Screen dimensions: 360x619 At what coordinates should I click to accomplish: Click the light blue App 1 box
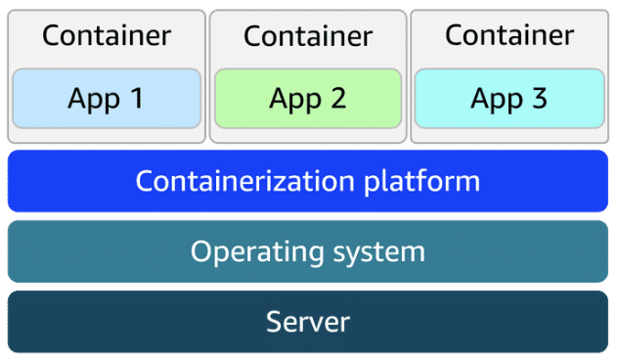[x=107, y=99]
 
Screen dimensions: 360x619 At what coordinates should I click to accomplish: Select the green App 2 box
[x=308, y=99]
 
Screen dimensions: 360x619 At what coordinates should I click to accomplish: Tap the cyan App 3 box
[x=509, y=99]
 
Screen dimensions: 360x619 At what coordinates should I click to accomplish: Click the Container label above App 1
[x=107, y=36]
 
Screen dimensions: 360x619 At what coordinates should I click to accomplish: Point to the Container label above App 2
[x=308, y=37]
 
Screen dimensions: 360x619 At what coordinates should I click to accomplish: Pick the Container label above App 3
[x=509, y=36]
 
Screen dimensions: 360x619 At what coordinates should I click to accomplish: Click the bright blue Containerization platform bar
[x=308, y=181]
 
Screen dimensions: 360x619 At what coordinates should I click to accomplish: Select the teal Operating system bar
[x=308, y=251]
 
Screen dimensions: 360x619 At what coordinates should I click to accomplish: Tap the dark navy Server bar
[x=308, y=321]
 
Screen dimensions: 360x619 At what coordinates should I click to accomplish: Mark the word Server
[x=308, y=321]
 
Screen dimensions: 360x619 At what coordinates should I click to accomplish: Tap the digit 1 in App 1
[x=136, y=99]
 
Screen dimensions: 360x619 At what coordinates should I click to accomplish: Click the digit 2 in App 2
[x=338, y=99]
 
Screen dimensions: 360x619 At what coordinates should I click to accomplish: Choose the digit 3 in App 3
[x=540, y=99]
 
